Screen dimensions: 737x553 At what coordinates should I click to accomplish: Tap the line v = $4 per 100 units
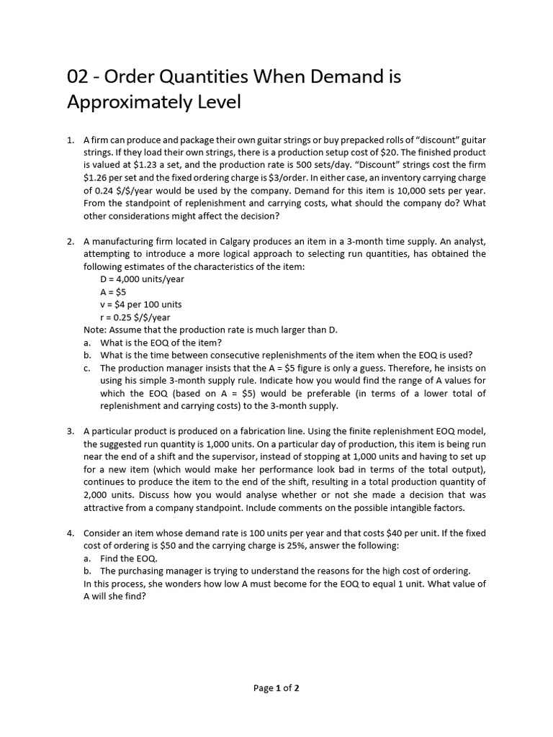[141, 304]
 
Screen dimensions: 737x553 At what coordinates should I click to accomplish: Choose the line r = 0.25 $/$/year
[135, 317]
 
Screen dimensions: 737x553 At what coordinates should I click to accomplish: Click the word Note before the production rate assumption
[95, 330]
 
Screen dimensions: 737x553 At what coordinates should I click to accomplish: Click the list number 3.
[71, 431]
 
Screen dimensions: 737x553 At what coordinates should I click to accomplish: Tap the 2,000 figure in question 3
[98, 495]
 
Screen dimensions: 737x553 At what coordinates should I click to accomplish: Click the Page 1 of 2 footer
[276, 688]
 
